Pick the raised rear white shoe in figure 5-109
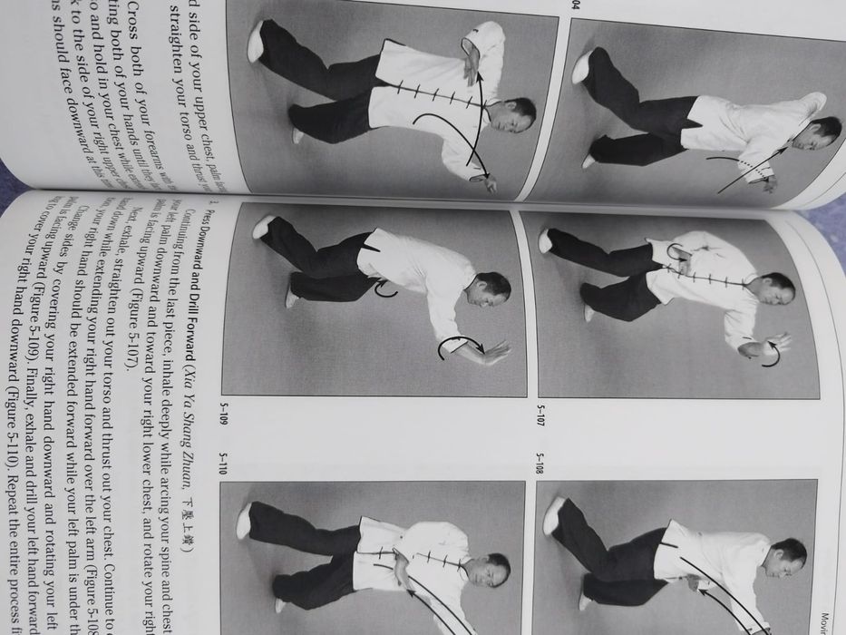tap(262, 226)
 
